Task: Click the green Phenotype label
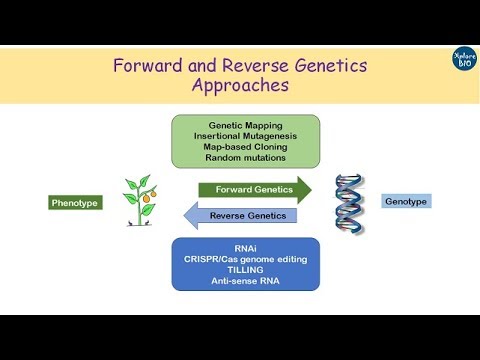(x=75, y=203)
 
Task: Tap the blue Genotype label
(x=405, y=201)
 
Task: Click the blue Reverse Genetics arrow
(x=241, y=215)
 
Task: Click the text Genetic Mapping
(x=246, y=124)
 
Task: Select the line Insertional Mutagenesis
(x=246, y=136)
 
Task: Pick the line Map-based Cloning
(x=246, y=147)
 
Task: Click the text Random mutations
(x=246, y=158)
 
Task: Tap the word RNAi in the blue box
(x=246, y=248)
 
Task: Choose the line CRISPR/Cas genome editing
(x=246, y=259)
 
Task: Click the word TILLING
(x=246, y=270)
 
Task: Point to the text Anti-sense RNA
(x=246, y=281)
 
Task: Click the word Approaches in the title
(x=240, y=86)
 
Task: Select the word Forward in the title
(x=149, y=66)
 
